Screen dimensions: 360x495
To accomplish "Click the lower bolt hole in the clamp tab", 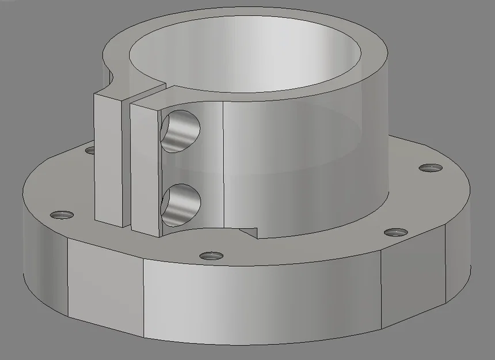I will (181, 206).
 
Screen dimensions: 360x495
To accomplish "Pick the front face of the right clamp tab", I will (144, 167).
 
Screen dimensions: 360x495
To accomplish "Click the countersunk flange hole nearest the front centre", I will (211, 255).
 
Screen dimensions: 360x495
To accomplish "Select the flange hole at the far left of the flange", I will (62, 214).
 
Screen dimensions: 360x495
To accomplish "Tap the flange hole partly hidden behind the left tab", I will (89, 150).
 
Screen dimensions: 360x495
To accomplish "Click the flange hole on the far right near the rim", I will (430, 168).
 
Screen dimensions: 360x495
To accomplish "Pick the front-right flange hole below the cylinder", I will (395, 233).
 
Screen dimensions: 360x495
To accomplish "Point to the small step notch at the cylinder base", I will (249, 232).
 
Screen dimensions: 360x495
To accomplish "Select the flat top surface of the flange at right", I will (426, 202).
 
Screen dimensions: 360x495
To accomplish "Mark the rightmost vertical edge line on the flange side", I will (446, 265).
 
